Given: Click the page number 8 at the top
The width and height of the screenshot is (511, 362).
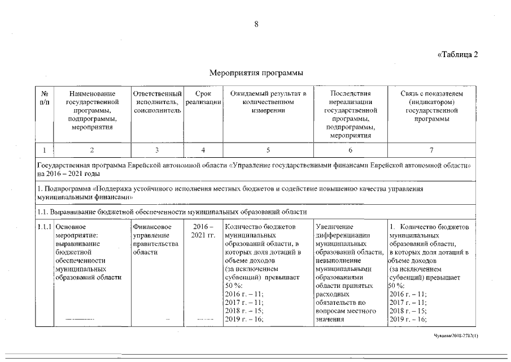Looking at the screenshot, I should (256, 24).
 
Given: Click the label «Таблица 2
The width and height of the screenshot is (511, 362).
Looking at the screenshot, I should (457, 55).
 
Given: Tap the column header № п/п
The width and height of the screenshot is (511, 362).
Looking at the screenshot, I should (44, 97).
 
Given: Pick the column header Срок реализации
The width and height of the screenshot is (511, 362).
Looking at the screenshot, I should (203, 97).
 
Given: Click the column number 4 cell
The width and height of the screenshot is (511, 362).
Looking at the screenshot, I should (203, 150).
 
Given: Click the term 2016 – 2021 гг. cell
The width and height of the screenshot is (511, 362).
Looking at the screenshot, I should (203, 231).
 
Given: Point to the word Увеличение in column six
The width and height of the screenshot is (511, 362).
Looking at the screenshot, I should (335, 227).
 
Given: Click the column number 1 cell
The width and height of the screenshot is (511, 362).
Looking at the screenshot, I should (44, 150).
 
